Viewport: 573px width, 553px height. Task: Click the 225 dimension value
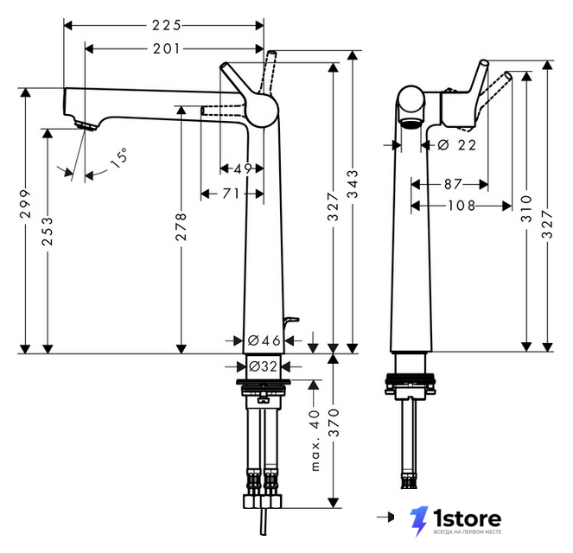[x=167, y=25]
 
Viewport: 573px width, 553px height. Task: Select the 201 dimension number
[x=167, y=48]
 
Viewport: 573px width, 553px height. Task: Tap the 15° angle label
[x=119, y=158]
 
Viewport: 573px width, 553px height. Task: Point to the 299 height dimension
[x=25, y=204]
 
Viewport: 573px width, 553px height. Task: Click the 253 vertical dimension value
[x=48, y=232]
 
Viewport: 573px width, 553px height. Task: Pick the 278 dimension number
[x=181, y=227]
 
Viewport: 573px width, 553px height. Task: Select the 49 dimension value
[x=243, y=168]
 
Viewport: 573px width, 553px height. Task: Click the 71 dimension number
[x=231, y=194]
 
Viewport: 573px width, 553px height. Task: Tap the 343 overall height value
[x=353, y=184]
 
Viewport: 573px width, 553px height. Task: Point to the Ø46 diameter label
[x=264, y=340]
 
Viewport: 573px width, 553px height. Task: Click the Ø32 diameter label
[x=263, y=366]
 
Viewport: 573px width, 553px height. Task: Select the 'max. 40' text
[x=315, y=441]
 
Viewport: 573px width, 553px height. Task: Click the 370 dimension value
[x=334, y=423]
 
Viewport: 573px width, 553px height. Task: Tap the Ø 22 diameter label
[x=457, y=145]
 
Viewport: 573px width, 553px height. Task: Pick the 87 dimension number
[x=453, y=184]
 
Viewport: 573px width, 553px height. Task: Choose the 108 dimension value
[x=462, y=206]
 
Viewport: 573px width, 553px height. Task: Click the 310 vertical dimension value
[x=526, y=209]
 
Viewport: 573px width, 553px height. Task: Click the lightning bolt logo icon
[x=419, y=521]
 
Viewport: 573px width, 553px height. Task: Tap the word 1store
[x=467, y=518]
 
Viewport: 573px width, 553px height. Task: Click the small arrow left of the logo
[x=385, y=517]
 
